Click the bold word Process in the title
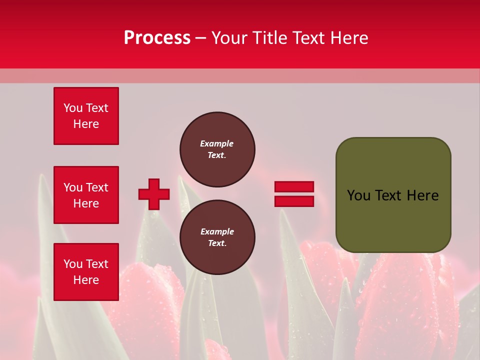(x=157, y=38)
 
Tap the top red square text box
(x=86, y=116)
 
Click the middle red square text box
(x=86, y=195)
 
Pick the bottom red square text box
(x=86, y=272)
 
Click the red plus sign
(x=154, y=194)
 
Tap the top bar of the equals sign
(x=294, y=187)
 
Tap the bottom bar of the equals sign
(x=294, y=201)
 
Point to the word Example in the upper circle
(x=217, y=143)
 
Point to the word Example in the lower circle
(x=217, y=231)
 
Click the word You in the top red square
(x=73, y=108)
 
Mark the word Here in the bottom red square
(x=86, y=280)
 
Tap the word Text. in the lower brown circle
(x=217, y=243)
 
